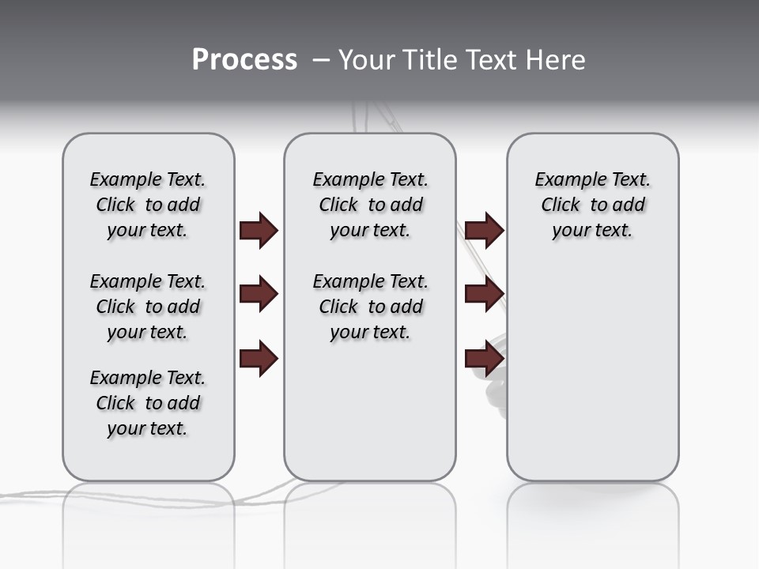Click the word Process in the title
pyautogui.click(x=244, y=60)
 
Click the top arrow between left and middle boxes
pyautogui.click(x=259, y=231)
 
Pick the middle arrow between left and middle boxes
pyautogui.click(x=259, y=295)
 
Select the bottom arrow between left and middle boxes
pyautogui.click(x=259, y=359)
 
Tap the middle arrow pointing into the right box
pyautogui.click(x=484, y=295)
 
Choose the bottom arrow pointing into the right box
pyautogui.click(x=484, y=359)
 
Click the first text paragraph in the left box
pyautogui.click(x=148, y=205)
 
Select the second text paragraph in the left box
pyautogui.click(x=148, y=307)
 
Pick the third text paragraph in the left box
pyautogui.click(x=148, y=403)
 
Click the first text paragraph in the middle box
pyautogui.click(x=370, y=205)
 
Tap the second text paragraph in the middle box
pyautogui.click(x=370, y=307)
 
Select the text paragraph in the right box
pyautogui.click(x=592, y=205)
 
